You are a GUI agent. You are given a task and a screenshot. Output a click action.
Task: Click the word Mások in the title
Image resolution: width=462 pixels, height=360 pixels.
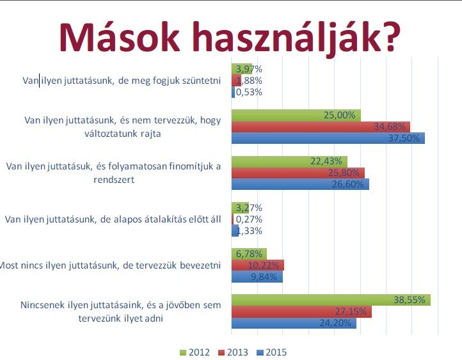coord(119,37)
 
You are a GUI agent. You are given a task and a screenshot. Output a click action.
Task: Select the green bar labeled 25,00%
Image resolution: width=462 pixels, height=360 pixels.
coord(296,115)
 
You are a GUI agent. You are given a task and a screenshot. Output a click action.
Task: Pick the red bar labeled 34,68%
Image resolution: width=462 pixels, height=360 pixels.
coord(321,127)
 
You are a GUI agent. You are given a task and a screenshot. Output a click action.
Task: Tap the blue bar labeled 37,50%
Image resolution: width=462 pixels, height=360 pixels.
coord(328,138)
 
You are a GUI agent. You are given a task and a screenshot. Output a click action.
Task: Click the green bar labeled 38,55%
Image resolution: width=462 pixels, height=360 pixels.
coord(331,300)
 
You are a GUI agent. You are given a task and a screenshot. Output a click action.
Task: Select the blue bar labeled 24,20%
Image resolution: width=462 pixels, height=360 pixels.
coord(294,323)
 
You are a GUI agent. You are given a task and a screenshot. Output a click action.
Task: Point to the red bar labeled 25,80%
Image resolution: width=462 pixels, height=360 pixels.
coord(298,173)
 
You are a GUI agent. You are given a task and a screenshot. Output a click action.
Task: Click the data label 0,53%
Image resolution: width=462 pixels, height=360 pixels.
coord(249,92)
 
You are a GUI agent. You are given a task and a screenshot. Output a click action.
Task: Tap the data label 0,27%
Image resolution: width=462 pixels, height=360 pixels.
coord(249,219)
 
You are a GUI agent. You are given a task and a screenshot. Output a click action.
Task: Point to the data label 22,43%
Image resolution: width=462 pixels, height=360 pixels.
coord(326,161)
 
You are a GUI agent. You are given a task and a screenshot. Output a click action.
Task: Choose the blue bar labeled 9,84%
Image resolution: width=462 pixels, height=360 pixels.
coord(257,277)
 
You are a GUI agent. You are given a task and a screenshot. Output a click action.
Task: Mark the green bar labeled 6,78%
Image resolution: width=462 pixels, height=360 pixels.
coord(250,254)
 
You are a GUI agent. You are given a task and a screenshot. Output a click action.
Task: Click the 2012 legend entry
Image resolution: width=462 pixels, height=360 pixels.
coord(195,352)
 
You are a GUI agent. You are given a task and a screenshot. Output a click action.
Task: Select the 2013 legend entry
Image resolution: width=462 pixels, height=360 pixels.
coord(233,352)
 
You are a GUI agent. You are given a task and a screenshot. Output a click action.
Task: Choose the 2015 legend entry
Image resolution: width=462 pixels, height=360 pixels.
coord(272,352)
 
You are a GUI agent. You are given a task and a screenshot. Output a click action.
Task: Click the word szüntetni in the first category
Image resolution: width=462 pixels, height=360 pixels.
coord(202,81)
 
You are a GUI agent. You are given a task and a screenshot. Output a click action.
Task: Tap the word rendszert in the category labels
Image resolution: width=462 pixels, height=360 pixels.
coord(114,180)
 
